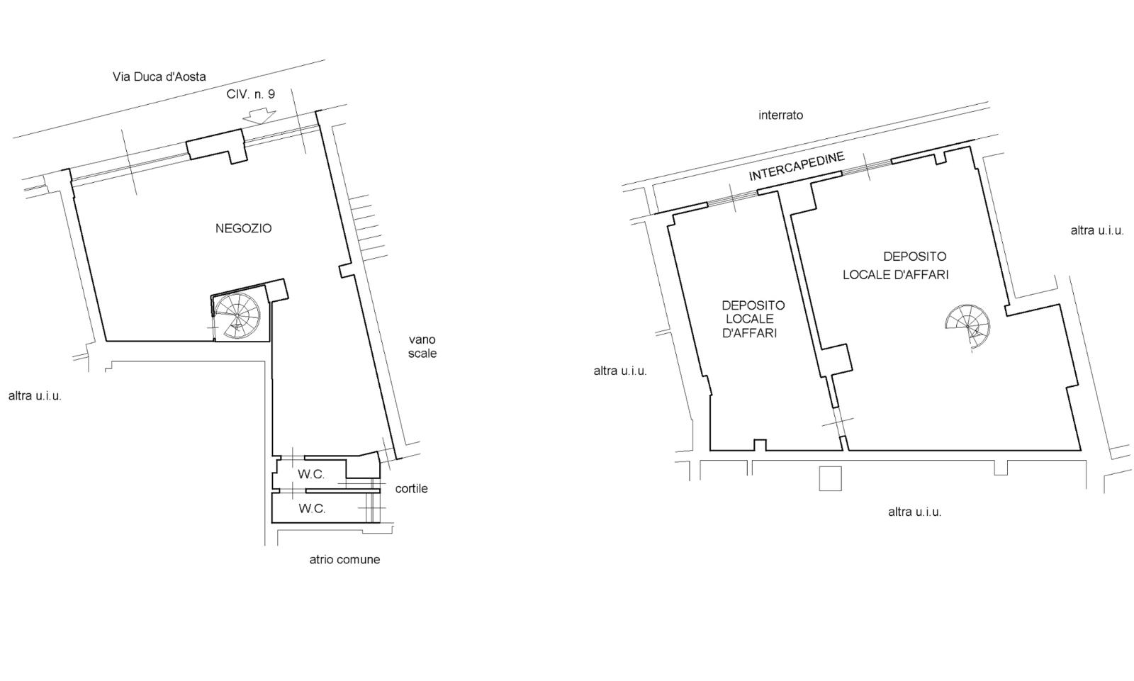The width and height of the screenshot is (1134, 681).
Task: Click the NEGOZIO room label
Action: pos(244,228)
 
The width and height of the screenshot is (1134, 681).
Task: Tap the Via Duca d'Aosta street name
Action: pos(159,77)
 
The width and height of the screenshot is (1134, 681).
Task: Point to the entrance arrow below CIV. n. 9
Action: pos(259,117)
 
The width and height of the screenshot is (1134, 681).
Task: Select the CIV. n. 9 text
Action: pos(251,94)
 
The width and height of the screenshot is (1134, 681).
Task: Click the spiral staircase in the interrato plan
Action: pos(967,327)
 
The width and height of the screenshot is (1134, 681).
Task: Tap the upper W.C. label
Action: pos(311,474)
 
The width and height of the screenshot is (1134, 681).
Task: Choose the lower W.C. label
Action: pos(312,509)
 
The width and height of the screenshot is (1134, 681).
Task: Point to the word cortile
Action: pos(411,488)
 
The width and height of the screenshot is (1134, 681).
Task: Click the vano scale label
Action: pos(422,347)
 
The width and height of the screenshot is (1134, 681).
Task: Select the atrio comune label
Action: pos(344,560)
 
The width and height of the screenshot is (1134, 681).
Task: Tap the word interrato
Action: pos(780,116)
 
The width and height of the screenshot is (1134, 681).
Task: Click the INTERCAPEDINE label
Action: pos(797,166)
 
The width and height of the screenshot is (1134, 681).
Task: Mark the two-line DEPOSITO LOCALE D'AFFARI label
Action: pos(896,265)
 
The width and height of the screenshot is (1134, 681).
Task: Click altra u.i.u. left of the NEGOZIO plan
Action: pos(35,396)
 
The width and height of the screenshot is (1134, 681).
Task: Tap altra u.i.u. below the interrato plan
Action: pos(915,512)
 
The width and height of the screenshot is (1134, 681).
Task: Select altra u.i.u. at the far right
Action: pos(1097,230)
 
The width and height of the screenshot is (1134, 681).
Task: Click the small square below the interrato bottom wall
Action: pos(830,478)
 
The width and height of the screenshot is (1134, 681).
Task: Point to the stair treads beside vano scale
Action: pos(368,228)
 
